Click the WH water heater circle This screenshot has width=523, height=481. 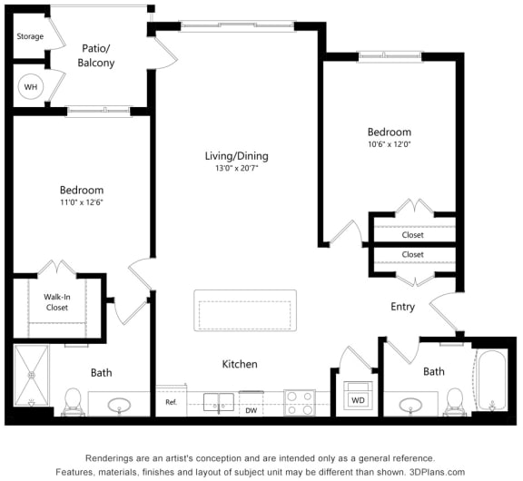30,87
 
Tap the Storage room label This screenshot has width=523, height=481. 30,37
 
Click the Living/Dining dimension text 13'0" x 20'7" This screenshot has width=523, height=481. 236,169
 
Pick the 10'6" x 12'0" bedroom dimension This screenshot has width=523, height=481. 389,144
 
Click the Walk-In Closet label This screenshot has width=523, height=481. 57,302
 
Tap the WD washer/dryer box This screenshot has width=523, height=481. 358,398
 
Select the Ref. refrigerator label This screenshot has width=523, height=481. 171,402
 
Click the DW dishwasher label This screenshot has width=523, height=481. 251,410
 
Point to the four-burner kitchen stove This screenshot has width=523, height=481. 300,402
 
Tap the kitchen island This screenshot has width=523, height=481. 245,310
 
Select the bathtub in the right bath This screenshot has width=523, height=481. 490,382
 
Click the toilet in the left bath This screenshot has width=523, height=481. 74,399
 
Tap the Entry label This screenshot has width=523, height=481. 402,307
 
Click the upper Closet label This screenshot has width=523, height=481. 412,235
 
